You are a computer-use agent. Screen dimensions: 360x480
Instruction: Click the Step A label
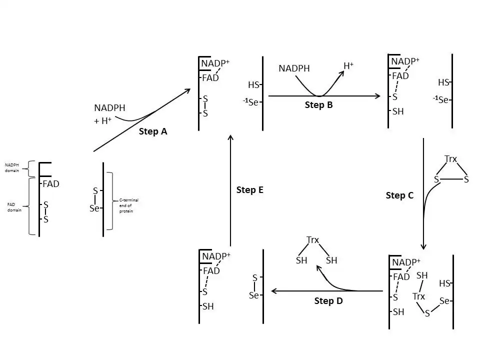[153, 131]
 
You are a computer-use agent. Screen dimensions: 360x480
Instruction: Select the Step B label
[318, 105]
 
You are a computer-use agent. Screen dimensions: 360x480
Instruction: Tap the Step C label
[399, 195]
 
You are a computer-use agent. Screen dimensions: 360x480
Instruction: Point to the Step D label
[328, 300]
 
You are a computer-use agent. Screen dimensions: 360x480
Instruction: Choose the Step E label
[249, 190]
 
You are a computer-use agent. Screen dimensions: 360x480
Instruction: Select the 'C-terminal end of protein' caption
[128, 205]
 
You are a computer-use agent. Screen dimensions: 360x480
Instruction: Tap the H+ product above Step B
[348, 65]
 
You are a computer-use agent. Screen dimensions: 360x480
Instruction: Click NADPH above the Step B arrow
[294, 68]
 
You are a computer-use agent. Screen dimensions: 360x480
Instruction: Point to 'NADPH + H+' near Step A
[109, 114]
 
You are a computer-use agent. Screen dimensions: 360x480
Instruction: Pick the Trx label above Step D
[312, 240]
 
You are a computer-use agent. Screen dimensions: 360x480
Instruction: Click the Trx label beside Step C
[450, 159]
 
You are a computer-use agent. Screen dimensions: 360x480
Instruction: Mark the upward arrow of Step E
[230, 190]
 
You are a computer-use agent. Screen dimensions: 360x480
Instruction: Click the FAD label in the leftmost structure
[51, 184]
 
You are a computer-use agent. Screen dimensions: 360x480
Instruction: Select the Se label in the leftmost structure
[94, 208]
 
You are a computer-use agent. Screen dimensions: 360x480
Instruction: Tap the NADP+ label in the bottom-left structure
[216, 256]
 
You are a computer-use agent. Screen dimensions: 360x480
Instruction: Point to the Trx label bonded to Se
[418, 296]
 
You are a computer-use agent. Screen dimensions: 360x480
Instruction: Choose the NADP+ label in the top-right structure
[405, 61]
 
